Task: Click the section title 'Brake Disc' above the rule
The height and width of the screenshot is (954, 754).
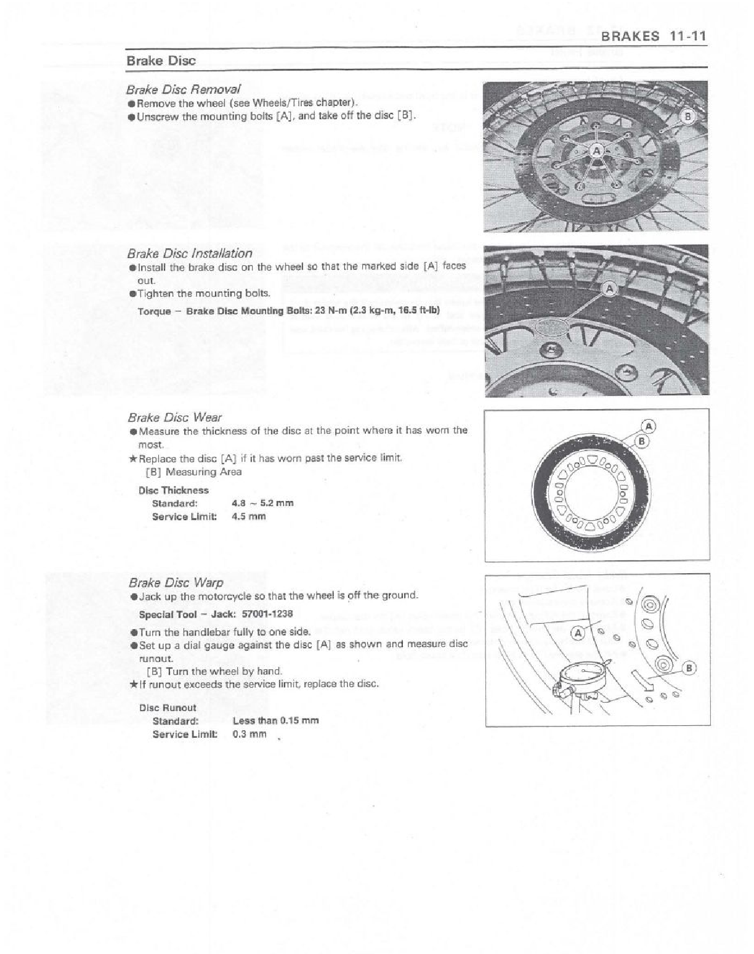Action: click(x=161, y=60)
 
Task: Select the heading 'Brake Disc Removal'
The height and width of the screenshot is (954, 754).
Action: click(x=184, y=89)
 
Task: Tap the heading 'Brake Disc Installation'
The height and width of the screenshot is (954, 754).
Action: click(x=190, y=253)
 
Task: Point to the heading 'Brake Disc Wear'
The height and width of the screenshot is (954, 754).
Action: click(x=174, y=417)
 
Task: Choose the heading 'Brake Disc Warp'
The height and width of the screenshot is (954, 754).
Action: click(x=176, y=582)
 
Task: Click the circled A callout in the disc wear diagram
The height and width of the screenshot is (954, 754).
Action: click(x=649, y=426)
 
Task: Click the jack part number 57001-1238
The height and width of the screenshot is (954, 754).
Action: click(x=266, y=614)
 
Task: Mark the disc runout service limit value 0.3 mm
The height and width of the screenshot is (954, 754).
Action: click(x=249, y=734)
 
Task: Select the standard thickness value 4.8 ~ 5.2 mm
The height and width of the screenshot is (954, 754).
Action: click(x=262, y=503)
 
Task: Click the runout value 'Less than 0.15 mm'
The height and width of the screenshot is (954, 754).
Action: click(x=275, y=720)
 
